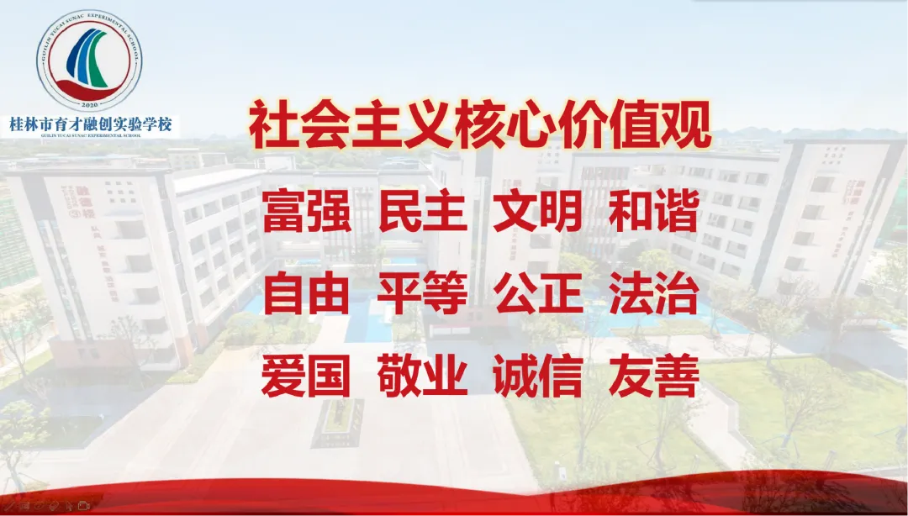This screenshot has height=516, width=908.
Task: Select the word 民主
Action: coord(422,213)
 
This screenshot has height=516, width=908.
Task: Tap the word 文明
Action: coord(538,213)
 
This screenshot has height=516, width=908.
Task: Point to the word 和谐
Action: coord(654,213)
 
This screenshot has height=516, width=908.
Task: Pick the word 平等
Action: coord(422,295)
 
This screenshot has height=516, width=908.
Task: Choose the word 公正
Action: coord(538,295)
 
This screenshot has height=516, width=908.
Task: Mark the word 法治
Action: coord(654,295)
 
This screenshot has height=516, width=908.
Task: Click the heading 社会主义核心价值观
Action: coord(480,125)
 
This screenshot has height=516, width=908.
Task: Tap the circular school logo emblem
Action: coord(90,60)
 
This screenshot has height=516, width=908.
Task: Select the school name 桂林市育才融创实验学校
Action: coord(90,124)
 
